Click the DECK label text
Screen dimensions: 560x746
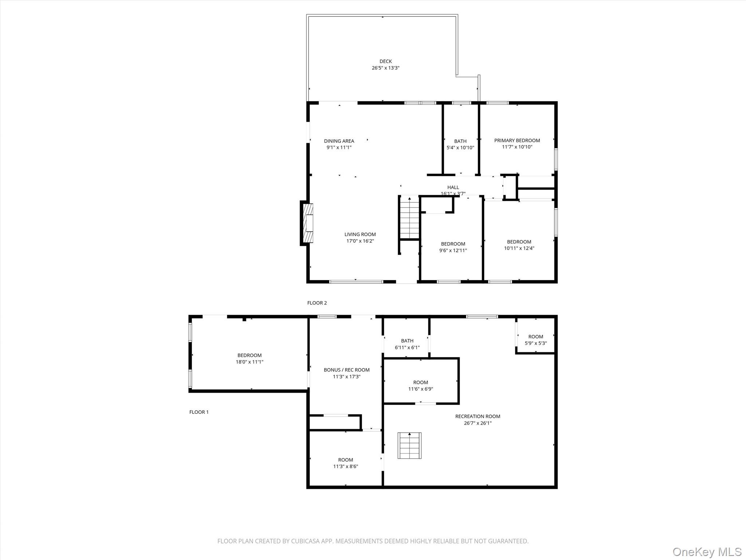(385, 61)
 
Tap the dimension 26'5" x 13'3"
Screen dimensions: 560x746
(385, 68)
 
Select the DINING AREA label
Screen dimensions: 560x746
(339, 141)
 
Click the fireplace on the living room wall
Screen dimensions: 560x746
(308, 223)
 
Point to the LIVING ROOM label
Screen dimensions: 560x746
(360, 234)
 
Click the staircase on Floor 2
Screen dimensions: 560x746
(409, 218)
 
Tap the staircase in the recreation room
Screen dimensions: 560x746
(409, 446)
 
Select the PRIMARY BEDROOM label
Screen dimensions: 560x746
(517, 140)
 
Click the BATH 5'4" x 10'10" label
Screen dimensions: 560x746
(460, 144)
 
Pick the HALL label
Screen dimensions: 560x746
(453, 187)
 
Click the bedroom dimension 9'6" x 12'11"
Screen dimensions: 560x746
(453, 250)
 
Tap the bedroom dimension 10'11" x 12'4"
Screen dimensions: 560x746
(519, 248)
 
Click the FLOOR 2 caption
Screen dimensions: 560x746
(317, 303)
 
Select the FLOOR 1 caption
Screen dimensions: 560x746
(199, 412)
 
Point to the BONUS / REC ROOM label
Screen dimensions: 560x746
(346, 370)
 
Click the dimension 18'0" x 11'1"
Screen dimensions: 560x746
(249, 362)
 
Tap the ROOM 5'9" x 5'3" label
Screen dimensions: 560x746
(535, 340)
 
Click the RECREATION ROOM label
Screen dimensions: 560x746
(478, 416)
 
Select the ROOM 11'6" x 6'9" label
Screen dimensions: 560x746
(420, 385)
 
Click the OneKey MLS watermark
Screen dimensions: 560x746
(707, 552)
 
